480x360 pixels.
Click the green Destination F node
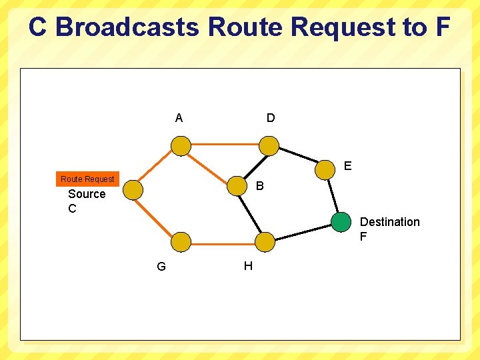(x=341, y=221)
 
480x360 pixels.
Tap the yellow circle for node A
(x=181, y=145)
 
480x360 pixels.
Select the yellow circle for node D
(x=269, y=145)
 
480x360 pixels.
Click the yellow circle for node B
(x=237, y=186)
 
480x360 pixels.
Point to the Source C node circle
(x=133, y=190)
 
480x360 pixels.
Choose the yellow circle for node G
(x=181, y=241)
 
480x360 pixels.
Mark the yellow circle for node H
(x=265, y=241)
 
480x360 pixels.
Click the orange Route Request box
(x=87, y=179)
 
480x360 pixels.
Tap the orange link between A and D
(x=225, y=144)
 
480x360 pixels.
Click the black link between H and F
(x=303, y=231)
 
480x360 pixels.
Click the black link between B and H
(x=251, y=213)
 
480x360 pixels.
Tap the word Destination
(x=390, y=222)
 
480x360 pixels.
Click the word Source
(x=87, y=194)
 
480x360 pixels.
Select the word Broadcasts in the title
(x=127, y=27)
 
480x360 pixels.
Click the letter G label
(x=161, y=267)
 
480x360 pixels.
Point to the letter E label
(x=347, y=166)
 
